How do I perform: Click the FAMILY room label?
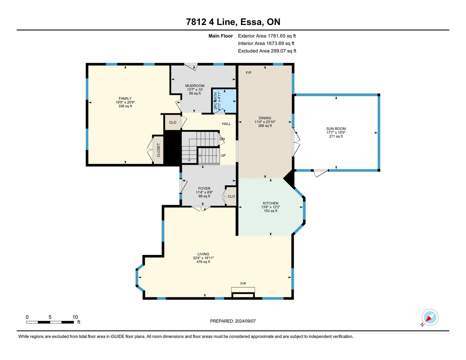click(125, 98)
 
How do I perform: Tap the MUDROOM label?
click(195, 86)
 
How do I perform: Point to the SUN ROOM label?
click(336, 129)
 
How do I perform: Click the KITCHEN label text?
click(271, 203)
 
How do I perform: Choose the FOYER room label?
click(204, 188)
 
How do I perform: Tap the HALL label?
click(226, 124)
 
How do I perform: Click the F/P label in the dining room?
click(249, 73)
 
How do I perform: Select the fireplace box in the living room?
click(243, 292)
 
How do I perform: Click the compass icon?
click(430, 318)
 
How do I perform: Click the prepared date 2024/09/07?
click(245, 321)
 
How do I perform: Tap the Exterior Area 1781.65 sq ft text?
click(267, 36)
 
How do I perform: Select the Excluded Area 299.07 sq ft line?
click(267, 51)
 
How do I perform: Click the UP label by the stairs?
click(223, 155)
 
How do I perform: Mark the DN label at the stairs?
click(222, 139)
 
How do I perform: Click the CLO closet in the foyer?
click(231, 196)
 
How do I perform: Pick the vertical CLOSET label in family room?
click(158, 150)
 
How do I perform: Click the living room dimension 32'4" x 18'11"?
click(203, 258)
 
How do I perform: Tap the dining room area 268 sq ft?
click(265, 126)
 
